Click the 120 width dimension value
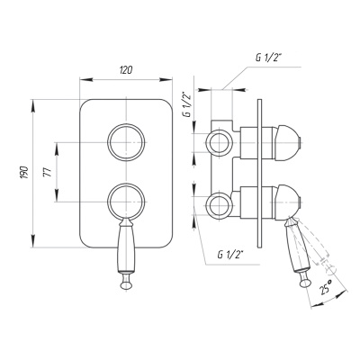click(126, 70)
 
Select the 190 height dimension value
click(24, 173)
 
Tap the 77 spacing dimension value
click(48, 172)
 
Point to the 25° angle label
click(326, 286)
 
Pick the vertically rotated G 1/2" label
click(187, 105)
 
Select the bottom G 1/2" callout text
click(230, 255)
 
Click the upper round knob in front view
click(126, 123)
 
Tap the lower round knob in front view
click(126, 184)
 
